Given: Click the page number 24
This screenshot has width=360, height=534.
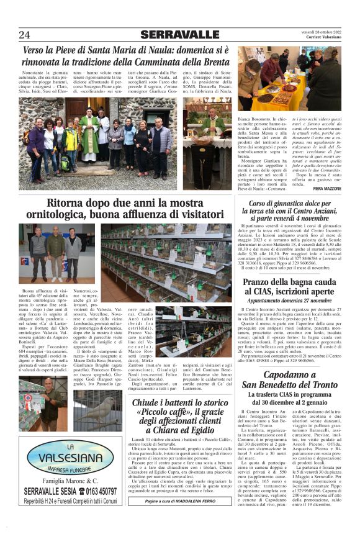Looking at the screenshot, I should click(25, 34).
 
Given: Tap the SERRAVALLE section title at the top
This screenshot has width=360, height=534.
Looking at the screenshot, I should click(180, 34).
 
